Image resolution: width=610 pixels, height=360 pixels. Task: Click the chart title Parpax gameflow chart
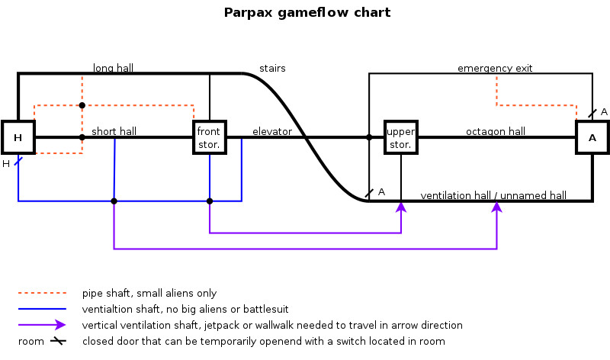(307, 12)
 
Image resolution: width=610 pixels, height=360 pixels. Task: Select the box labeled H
(17, 137)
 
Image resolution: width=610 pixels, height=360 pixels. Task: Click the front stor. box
(210, 137)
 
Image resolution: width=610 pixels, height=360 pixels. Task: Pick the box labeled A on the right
(592, 138)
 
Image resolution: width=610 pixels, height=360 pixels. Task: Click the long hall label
(113, 68)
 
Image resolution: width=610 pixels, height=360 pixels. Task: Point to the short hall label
(114, 131)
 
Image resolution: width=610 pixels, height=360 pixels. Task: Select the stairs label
(272, 68)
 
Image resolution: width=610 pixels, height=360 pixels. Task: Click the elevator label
(272, 131)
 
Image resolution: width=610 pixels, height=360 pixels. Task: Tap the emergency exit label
(495, 68)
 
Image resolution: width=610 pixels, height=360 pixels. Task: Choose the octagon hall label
(496, 131)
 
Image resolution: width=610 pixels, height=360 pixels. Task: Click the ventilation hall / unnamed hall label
(493, 195)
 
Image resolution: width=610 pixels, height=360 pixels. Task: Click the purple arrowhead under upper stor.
(401, 207)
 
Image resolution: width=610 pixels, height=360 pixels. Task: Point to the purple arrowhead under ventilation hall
(497, 207)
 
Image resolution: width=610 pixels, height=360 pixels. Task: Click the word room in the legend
(31, 341)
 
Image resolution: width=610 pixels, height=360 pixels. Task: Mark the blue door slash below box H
(18, 161)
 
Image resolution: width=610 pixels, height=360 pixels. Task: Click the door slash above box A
(592, 114)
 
